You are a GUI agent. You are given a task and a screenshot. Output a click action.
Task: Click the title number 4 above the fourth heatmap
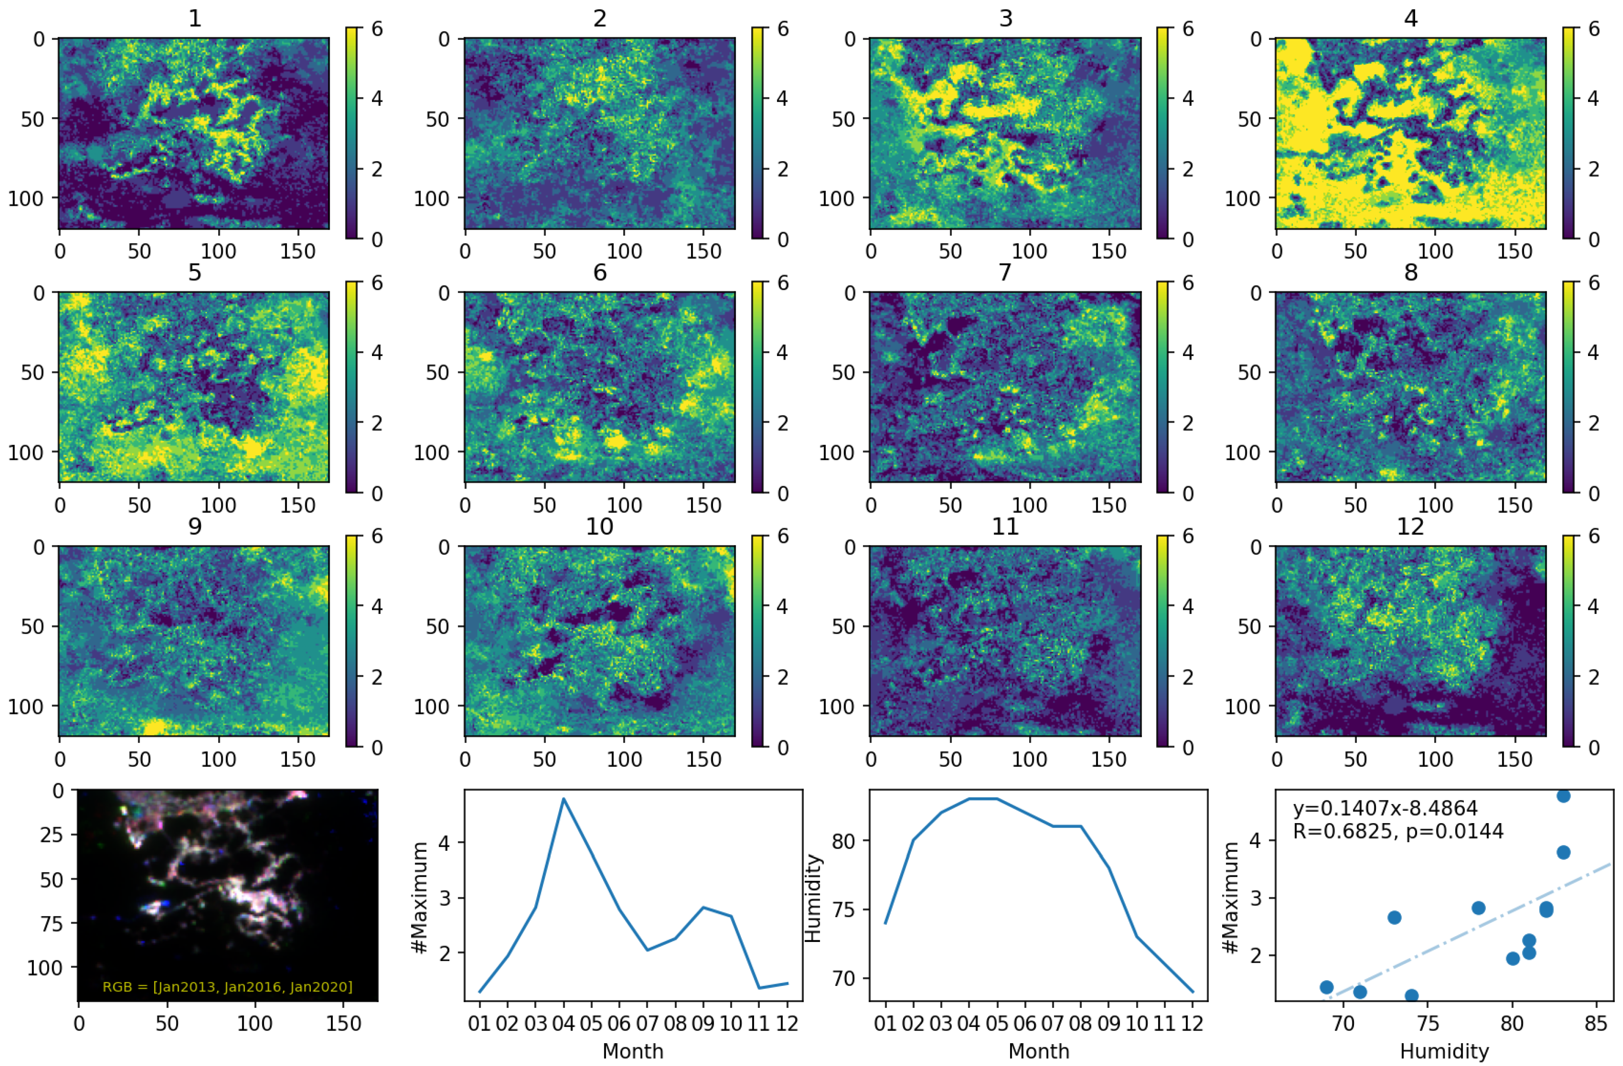pyautogui.click(x=1410, y=18)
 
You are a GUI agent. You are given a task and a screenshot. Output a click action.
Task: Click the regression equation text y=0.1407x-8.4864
pyautogui.click(x=1385, y=808)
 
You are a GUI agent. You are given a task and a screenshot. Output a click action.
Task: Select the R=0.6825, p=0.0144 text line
pyautogui.click(x=1398, y=831)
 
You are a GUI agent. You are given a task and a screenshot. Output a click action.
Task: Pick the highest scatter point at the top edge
pyautogui.click(x=1564, y=795)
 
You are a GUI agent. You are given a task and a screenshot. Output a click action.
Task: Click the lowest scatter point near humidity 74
pyautogui.click(x=1412, y=996)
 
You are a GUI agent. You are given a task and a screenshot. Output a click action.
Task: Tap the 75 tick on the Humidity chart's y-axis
pyautogui.click(x=846, y=909)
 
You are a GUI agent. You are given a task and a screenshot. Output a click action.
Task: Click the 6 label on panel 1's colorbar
pyautogui.click(x=376, y=28)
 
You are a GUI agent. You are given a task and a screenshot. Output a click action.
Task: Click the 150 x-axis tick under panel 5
pyautogui.click(x=298, y=505)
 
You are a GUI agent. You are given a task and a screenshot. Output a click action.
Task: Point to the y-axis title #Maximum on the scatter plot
pyautogui.click(x=1231, y=898)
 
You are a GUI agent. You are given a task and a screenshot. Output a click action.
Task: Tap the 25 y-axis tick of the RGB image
pyautogui.click(x=51, y=835)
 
